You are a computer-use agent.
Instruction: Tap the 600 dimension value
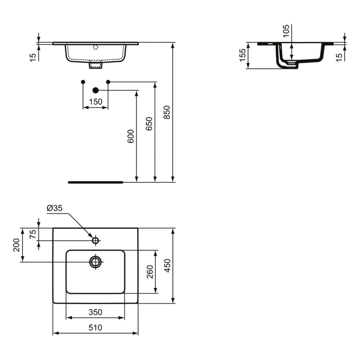pyautogui.click(x=131, y=136)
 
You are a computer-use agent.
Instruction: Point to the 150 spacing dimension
pyautogui.click(x=95, y=102)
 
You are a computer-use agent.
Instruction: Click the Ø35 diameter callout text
pyautogui.click(x=54, y=208)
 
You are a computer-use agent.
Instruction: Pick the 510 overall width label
pyautogui.click(x=95, y=327)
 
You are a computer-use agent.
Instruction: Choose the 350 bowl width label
pyautogui.click(x=95, y=312)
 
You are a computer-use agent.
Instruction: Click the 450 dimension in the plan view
pyautogui.click(x=167, y=265)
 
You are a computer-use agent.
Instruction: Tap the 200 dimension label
pyautogui.click(x=16, y=244)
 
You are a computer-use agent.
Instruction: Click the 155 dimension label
pyautogui.click(x=242, y=56)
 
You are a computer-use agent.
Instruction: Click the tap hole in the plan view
pyautogui.click(x=95, y=240)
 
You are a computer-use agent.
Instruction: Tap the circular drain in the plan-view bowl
pyautogui.click(x=95, y=262)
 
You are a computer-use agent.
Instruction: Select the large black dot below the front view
pyautogui.click(x=95, y=90)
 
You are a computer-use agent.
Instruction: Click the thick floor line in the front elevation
pyautogui.click(x=96, y=182)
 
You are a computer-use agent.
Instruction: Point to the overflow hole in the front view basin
pyautogui.click(x=95, y=47)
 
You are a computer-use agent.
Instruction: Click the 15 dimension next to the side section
pyautogui.click(x=338, y=56)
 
